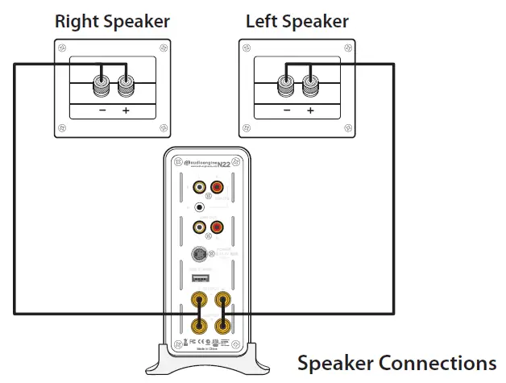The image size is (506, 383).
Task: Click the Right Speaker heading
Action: tap(112, 21)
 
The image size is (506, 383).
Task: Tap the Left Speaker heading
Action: tap(297, 21)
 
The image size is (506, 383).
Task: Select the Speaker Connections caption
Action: tap(396, 363)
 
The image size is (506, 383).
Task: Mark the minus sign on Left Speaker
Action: tap(287, 110)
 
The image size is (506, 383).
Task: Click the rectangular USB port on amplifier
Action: tap(201, 279)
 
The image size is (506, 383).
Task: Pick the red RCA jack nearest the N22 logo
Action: tap(216, 187)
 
